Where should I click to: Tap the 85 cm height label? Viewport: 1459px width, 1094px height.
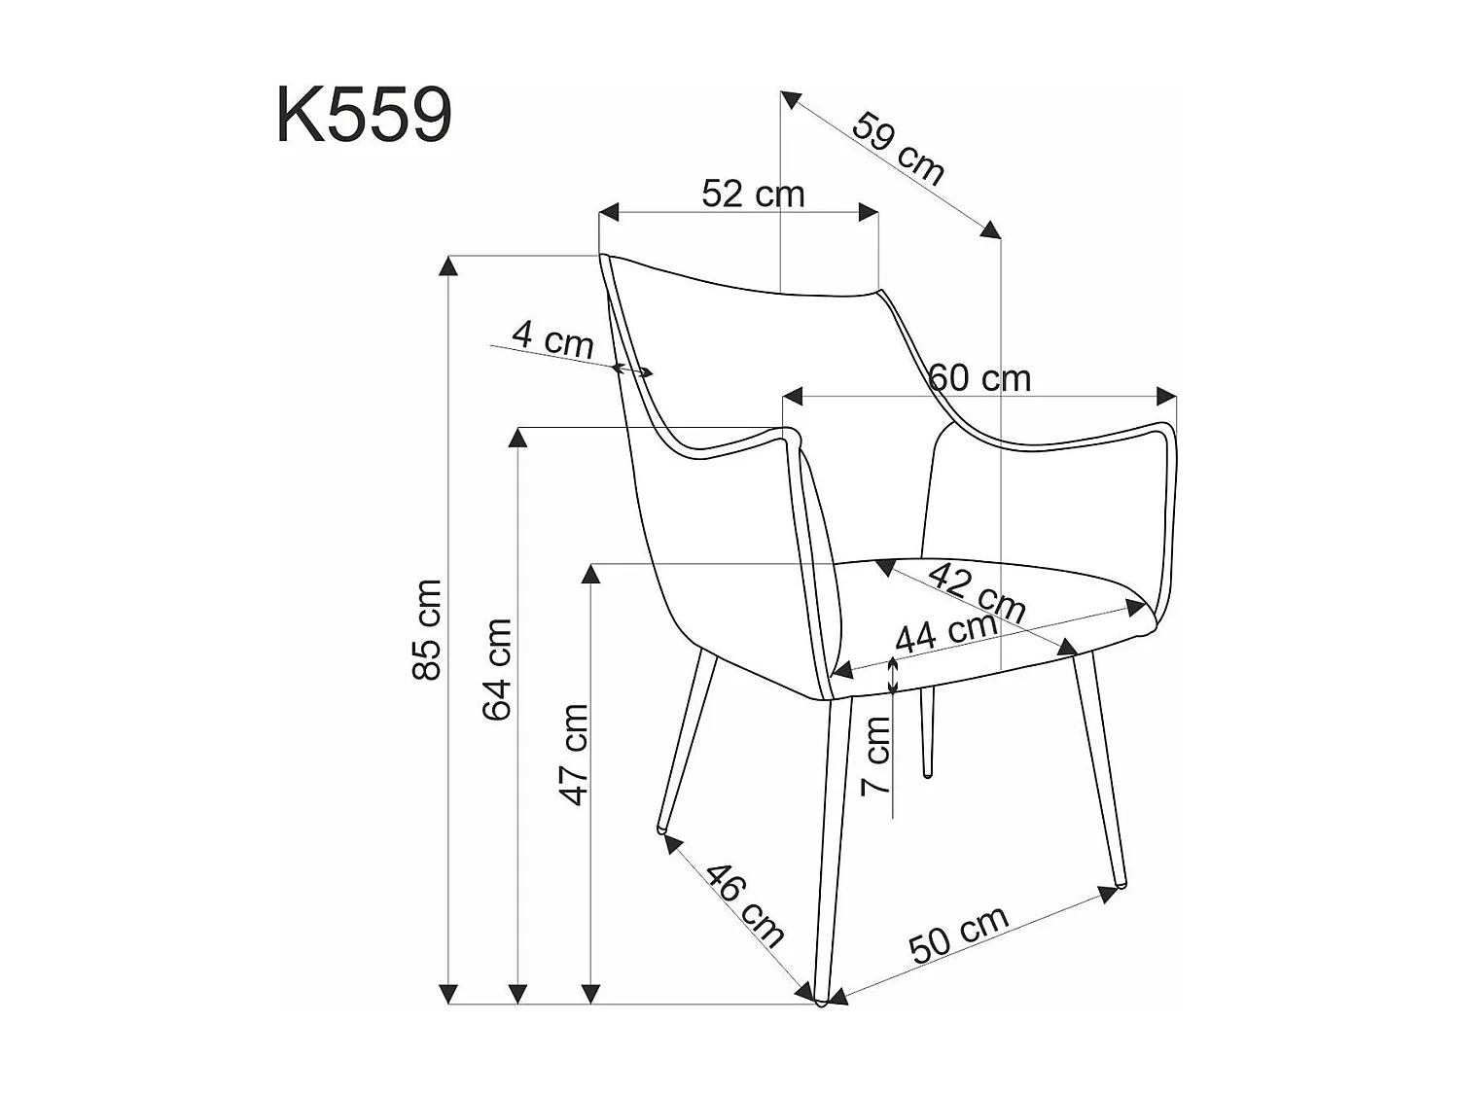tap(427, 629)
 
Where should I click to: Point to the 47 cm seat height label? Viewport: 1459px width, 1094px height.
tap(575, 755)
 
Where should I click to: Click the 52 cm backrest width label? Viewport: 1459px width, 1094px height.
tap(753, 194)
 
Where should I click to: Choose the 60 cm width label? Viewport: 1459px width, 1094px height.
tap(980, 377)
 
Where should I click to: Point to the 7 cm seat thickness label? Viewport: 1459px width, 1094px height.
tap(877, 755)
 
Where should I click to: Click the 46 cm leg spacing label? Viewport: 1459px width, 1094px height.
tap(744, 904)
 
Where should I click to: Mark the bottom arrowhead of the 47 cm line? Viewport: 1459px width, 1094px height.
tap(589, 993)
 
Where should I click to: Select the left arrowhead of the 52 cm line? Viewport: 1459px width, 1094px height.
tap(609, 212)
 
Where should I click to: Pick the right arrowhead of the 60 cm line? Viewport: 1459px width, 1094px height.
tap(1166, 396)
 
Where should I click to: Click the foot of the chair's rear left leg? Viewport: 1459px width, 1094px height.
tap(663, 829)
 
